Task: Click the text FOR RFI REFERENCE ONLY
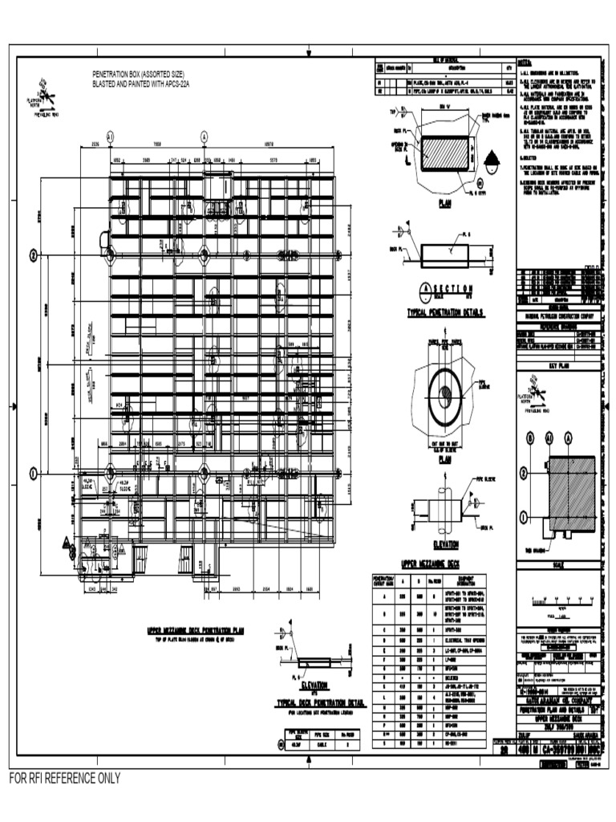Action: [65, 778]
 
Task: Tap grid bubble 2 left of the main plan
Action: [34, 254]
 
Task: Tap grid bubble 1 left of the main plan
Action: [34, 474]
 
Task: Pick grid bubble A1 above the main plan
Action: [110, 137]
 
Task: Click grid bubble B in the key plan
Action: [529, 437]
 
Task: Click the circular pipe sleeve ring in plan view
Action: [446, 394]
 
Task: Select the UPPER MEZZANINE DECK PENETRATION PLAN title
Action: [196, 631]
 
